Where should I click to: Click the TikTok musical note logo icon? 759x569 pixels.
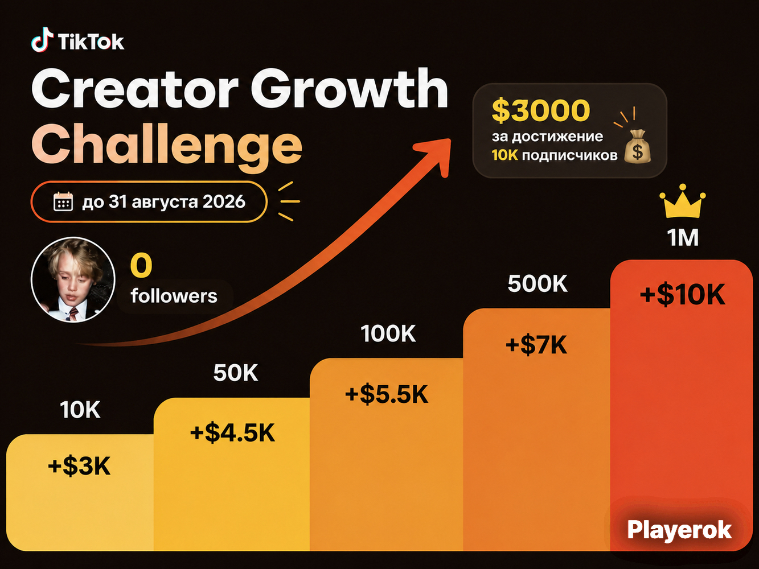click(42, 40)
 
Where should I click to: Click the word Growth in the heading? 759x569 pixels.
click(349, 89)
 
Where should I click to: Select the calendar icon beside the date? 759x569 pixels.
click(63, 201)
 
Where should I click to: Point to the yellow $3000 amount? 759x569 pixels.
click(541, 110)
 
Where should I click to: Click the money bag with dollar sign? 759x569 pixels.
click(637, 146)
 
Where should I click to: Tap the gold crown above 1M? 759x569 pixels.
click(683, 201)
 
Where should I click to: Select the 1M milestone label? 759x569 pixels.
click(683, 238)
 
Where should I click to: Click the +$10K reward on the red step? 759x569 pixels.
click(682, 295)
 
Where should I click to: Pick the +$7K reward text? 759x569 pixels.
click(536, 345)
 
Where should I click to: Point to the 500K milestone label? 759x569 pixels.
click(538, 284)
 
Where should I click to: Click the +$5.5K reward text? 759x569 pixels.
click(387, 394)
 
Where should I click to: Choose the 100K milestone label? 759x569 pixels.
click(388, 334)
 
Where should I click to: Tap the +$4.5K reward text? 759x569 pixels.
click(232, 432)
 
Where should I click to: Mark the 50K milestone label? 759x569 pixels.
click(236, 373)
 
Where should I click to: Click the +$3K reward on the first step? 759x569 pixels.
click(79, 466)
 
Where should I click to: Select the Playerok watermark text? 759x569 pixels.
click(679, 530)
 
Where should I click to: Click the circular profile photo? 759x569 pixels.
click(73, 279)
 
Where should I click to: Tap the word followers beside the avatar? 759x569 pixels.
click(174, 296)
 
